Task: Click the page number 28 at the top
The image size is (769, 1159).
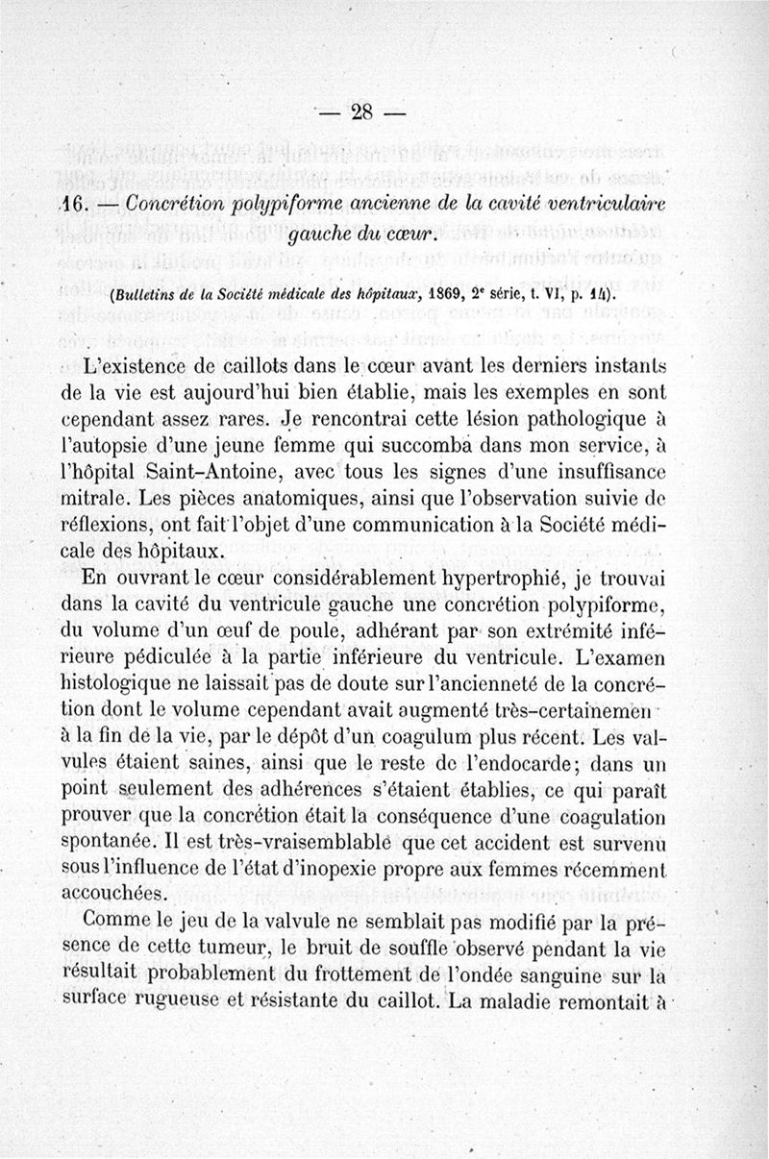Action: [x=363, y=111]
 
